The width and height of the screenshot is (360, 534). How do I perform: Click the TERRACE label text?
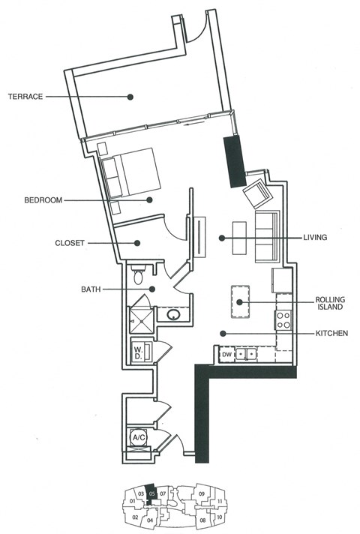(25, 96)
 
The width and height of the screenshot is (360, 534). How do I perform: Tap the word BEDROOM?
(43, 200)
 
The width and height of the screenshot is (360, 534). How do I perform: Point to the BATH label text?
(92, 289)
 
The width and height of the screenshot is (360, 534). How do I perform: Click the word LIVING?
(316, 238)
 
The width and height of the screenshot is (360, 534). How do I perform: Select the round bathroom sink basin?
(173, 316)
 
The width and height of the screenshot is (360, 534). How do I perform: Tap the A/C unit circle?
(139, 437)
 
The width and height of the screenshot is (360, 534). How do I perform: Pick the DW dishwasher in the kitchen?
(226, 354)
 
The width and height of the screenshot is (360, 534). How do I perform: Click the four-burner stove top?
(283, 321)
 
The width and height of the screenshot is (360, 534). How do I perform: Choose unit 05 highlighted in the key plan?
(151, 493)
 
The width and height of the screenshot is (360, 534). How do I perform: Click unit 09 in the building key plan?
(202, 493)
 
